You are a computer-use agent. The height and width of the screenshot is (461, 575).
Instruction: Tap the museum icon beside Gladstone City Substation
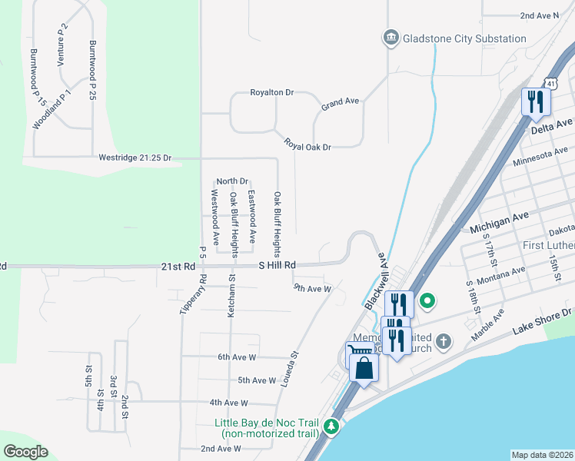click(391, 38)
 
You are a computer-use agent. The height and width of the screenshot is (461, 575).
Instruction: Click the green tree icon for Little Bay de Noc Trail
click(332, 425)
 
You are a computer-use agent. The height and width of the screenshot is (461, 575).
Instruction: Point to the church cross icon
click(443, 340)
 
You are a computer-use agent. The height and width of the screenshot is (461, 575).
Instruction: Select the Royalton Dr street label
click(272, 92)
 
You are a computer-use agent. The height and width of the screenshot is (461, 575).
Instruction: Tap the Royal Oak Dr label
click(307, 144)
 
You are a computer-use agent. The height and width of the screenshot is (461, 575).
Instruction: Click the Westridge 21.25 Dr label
click(135, 158)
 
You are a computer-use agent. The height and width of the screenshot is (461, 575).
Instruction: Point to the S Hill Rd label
click(277, 266)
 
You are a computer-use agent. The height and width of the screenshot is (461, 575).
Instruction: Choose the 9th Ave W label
click(311, 289)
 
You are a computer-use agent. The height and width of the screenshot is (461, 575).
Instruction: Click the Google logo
click(25, 452)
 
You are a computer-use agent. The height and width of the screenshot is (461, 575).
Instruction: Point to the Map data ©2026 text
click(542, 455)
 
